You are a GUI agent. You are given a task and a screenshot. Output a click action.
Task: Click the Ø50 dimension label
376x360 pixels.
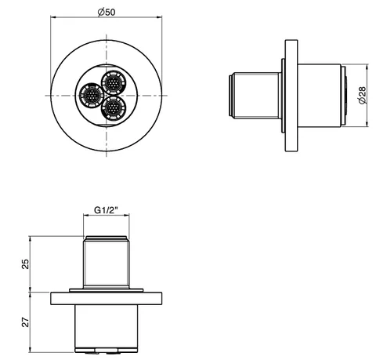[107, 12]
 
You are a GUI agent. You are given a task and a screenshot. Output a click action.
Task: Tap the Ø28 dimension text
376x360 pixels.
[363, 96]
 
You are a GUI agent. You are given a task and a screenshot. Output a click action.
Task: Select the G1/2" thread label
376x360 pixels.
[106, 210]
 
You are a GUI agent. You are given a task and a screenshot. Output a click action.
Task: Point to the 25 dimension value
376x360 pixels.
[26, 264]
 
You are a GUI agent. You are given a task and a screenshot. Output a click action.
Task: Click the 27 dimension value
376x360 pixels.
[26, 322]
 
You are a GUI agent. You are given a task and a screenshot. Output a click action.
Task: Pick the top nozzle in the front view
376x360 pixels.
[114, 83]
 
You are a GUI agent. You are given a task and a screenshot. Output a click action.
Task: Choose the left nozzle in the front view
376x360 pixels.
[92, 95]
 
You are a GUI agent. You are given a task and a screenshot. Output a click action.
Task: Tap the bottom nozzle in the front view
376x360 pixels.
[114, 107]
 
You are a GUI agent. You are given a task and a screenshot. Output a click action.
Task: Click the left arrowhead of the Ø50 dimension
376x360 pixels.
[53, 17]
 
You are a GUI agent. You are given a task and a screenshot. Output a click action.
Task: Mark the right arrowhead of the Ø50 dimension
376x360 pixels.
[159, 17]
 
